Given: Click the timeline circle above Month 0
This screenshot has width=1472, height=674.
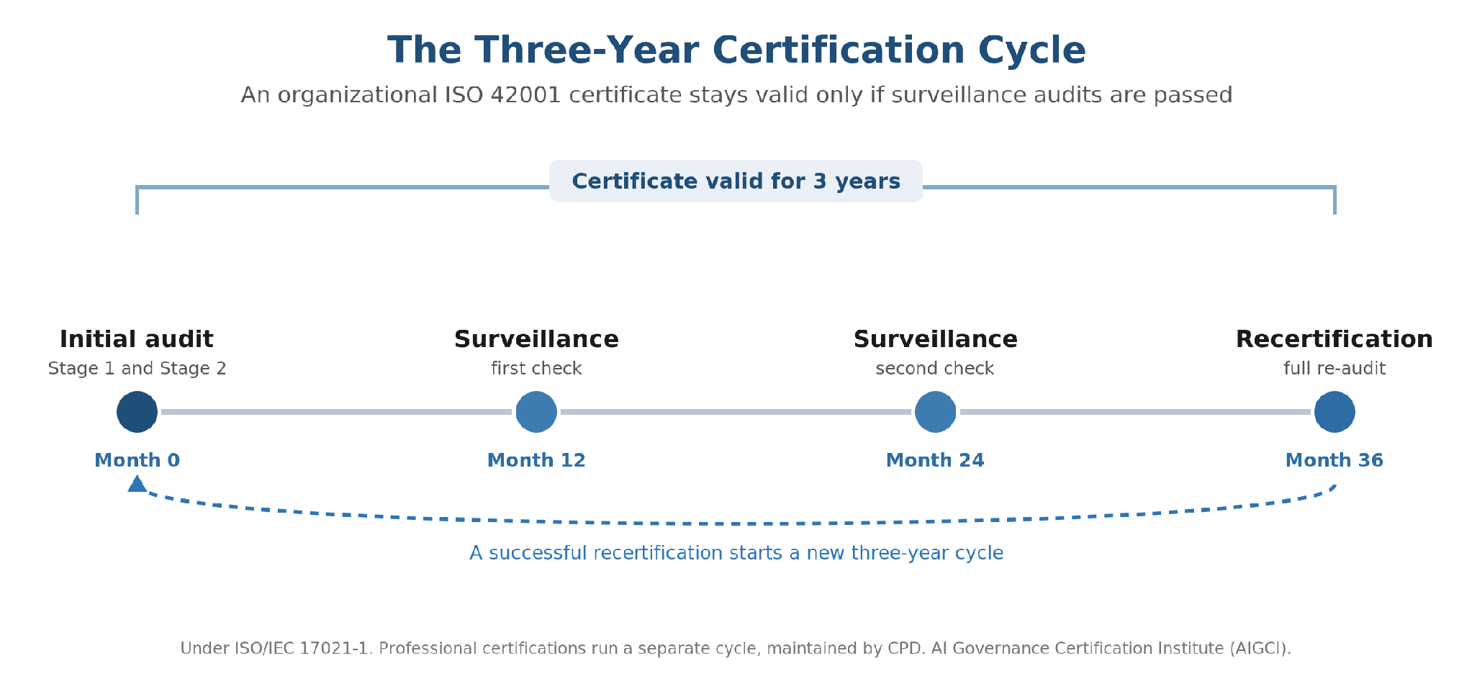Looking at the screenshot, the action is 137,412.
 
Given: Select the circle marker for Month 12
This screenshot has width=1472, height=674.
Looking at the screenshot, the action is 536,412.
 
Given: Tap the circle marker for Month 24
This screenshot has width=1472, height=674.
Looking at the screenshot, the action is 935,412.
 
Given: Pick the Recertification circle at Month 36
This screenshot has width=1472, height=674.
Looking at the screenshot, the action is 1335,412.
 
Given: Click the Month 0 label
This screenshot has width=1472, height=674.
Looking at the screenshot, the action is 137,460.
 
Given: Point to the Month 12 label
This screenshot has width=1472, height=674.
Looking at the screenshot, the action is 536,460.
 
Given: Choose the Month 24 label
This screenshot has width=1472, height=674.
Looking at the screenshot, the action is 935,460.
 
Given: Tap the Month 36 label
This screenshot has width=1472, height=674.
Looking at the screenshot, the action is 1335,460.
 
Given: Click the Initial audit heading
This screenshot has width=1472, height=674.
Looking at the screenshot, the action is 136,339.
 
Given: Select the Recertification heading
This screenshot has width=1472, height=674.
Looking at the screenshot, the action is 1335,339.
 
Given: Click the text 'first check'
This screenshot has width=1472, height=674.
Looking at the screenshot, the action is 536,369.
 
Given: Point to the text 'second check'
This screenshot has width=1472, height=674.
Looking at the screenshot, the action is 935,369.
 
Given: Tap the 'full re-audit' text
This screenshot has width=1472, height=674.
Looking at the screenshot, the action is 1335,369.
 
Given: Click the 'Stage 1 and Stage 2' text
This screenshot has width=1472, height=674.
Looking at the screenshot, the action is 137,369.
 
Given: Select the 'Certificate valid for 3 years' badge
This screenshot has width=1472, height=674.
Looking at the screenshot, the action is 736,181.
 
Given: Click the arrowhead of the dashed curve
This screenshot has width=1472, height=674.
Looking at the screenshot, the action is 137,483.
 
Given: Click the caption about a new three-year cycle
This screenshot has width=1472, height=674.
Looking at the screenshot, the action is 736,553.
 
